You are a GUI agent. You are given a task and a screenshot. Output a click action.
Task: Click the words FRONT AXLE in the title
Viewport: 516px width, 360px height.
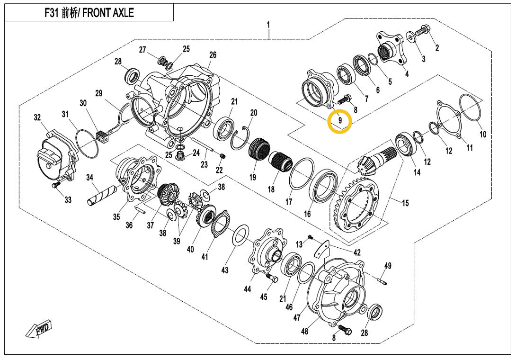(108, 13)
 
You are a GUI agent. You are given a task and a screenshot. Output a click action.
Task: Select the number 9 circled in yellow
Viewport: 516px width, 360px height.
(340, 121)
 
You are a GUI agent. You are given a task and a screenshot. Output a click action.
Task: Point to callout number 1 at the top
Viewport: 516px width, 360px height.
(268, 24)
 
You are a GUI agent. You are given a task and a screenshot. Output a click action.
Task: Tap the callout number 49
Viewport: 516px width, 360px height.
(387, 266)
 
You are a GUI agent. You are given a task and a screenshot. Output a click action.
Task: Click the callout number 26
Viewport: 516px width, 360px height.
(213, 55)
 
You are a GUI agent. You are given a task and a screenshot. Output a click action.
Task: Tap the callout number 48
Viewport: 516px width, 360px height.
(304, 331)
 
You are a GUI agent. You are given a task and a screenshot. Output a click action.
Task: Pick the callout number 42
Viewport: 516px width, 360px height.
(357, 252)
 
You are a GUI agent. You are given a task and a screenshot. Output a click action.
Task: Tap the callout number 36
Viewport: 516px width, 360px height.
(129, 225)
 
